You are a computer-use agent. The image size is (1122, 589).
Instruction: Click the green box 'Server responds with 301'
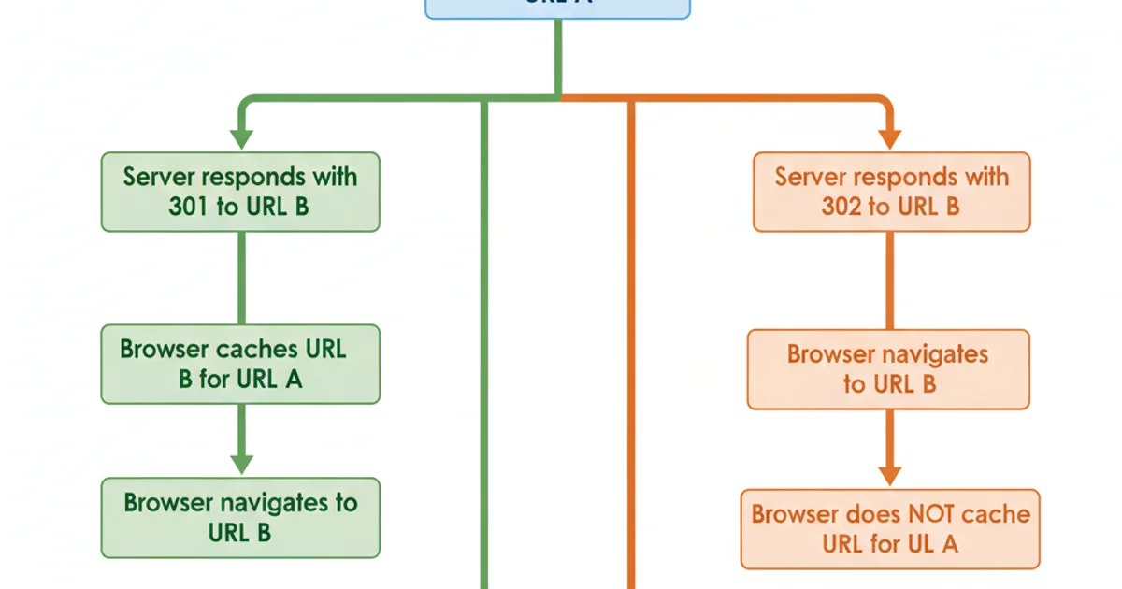[240, 192]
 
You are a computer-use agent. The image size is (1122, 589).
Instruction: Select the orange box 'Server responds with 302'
[891, 192]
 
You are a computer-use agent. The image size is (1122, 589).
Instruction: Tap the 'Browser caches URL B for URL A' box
[240, 364]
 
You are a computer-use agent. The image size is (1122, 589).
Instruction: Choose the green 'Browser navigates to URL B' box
[240, 517]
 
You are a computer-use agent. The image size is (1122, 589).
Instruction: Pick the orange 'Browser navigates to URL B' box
[887, 369]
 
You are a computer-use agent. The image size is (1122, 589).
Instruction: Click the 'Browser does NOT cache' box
[890, 528]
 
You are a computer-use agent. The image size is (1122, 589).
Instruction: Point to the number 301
[189, 207]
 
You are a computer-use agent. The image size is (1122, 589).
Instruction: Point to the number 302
[841, 207]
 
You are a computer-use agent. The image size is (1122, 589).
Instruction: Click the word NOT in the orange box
[929, 514]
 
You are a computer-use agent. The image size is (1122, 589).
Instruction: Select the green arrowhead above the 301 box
[241, 138]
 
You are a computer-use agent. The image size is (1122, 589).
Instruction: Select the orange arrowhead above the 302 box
[889, 138]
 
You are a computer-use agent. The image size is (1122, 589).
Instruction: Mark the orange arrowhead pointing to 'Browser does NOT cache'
[889, 474]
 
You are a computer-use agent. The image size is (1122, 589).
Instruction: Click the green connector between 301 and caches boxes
[241, 278]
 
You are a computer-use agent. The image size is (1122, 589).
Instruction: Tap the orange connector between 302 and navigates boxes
[889, 280]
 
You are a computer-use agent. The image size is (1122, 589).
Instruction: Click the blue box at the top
[558, 8]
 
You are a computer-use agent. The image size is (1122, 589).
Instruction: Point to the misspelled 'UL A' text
[938, 543]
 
